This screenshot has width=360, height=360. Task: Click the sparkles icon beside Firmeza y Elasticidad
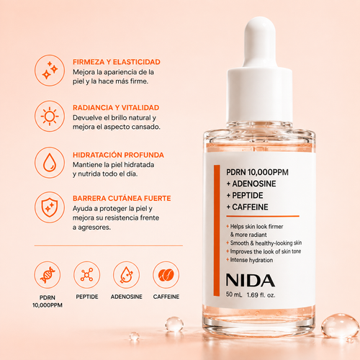pos(50,70)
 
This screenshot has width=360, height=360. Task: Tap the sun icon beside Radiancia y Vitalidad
pos(50,117)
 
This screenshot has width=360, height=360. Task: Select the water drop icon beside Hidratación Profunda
pos(50,163)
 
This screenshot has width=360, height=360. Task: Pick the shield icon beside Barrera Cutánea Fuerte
pos(50,207)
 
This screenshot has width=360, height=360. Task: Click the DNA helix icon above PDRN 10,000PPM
pos(48,275)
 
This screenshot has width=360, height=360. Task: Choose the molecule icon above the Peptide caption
pos(87,275)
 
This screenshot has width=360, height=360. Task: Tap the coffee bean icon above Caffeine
pos(166,275)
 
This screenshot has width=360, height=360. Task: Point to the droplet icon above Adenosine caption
pos(127,275)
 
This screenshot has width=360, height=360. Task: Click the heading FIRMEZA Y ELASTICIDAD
pos(117,62)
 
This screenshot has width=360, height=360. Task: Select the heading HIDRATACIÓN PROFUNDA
pos(118,155)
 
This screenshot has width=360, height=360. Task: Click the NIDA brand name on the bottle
pos(251,280)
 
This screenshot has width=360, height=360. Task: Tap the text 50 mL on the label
pos(234,294)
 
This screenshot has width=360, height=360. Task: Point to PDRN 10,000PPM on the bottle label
pos(257,172)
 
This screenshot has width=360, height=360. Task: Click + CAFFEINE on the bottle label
pos(247,207)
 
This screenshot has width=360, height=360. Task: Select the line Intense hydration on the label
pos(251,260)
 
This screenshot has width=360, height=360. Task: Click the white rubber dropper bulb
pos(260,42)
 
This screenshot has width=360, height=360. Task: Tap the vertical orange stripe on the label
pos(217,230)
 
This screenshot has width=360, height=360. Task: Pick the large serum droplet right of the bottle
pos(340,325)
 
